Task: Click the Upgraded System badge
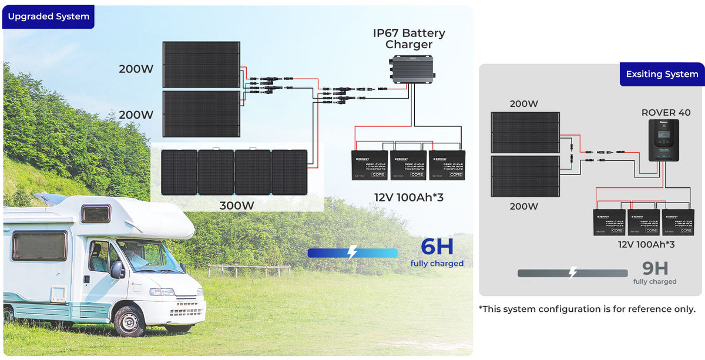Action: (x=48, y=16)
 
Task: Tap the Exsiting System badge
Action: (x=662, y=75)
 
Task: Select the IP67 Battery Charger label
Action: (x=409, y=39)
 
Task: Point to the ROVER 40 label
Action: (x=666, y=113)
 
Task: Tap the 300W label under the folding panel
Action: (x=237, y=206)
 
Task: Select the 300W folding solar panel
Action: (x=234, y=172)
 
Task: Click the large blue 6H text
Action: (x=437, y=247)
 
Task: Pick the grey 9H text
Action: (x=654, y=269)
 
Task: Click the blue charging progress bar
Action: (x=352, y=253)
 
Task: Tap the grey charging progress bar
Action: (x=572, y=273)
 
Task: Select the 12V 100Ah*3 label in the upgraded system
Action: (x=408, y=197)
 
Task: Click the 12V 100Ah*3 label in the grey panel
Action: (x=646, y=244)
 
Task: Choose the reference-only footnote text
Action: (x=587, y=309)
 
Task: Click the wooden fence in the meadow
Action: (x=249, y=271)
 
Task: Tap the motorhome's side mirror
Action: (x=117, y=269)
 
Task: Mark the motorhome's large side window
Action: (x=39, y=246)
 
